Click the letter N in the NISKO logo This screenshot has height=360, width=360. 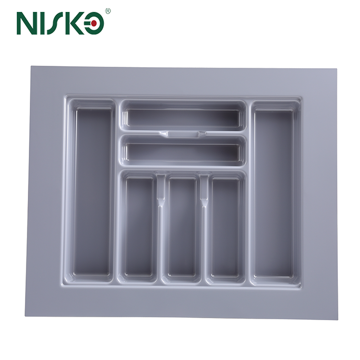[27, 23]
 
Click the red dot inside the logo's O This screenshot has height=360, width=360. [96, 24]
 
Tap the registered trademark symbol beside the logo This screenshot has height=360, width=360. [108, 11]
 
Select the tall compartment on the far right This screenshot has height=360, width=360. [274, 192]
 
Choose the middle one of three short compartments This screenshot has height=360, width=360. [182, 228]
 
